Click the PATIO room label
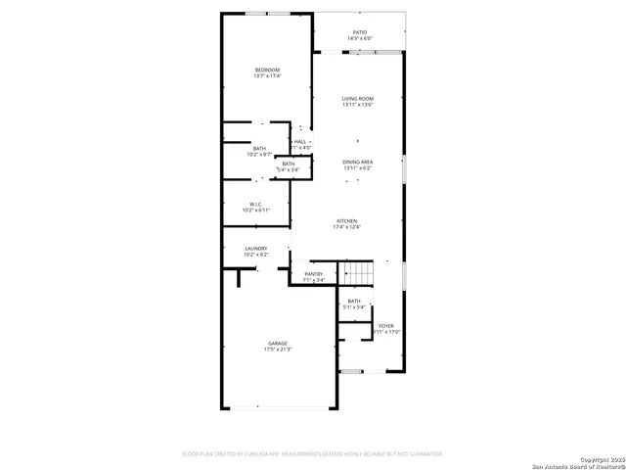point(359,32)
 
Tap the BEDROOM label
point(267,70)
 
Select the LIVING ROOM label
point(358,99)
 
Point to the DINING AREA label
point(358,162)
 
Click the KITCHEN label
point(348,220)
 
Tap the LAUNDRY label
point(256,249)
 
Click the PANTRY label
point(313,274)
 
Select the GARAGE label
point(278,343)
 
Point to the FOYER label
point(386,326)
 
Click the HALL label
point(300,141)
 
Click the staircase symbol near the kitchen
point(356,272)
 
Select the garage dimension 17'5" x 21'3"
point(278,349)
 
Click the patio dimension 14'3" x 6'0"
point(359,38)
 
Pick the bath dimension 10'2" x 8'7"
point(258,154)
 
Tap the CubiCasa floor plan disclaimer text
point(313,454)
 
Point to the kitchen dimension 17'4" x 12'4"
point(348,226)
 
